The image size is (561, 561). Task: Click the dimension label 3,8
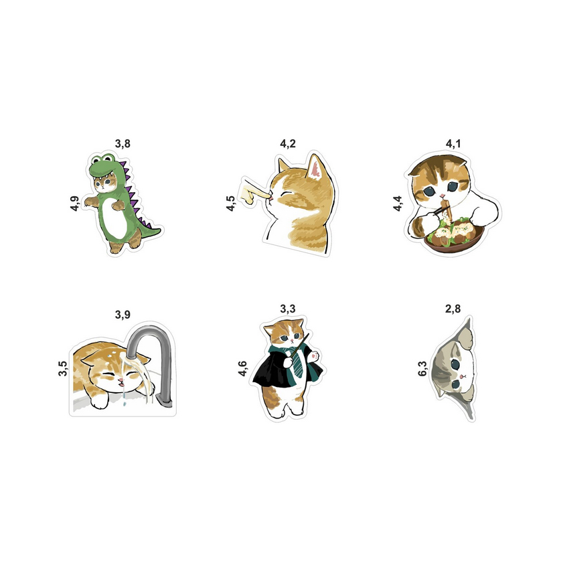123,144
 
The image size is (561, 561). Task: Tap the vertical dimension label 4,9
74,204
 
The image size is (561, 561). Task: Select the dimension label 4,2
288,144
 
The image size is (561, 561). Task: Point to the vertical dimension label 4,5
231,204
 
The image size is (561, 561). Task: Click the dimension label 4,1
453,144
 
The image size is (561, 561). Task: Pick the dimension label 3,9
123,315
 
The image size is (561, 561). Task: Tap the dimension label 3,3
288,309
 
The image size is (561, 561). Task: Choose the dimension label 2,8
453,309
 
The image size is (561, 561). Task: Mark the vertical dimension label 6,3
422,369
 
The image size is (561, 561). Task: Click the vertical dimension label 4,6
242,369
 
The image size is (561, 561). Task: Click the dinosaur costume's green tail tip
160,228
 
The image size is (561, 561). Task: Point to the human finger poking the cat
254,191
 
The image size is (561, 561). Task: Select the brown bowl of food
454,238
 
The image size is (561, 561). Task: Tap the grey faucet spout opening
132,354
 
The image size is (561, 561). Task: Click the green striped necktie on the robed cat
297,362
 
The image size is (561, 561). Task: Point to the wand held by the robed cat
298,347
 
